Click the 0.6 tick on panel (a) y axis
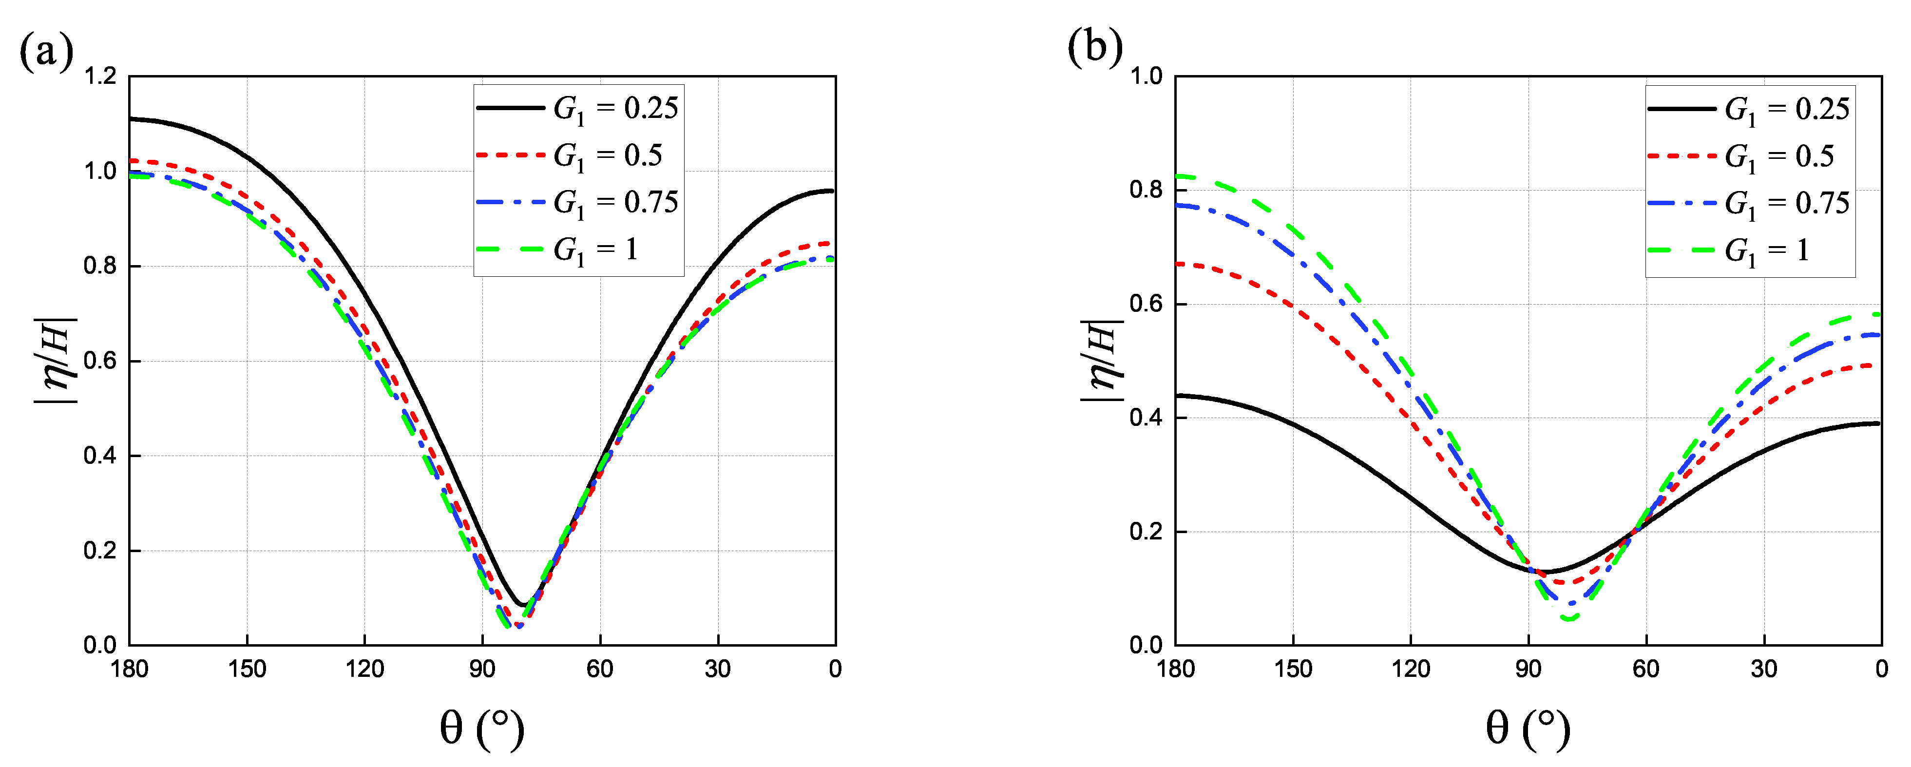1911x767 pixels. pyautogui.click(x=100, y=361)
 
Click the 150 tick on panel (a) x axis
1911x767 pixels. pyautogui.click(x=247, y=669)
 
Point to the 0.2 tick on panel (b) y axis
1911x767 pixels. pyautogui.click(x=1146, y=532)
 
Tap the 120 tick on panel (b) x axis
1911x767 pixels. pyautogui.click(x=1410, y=669)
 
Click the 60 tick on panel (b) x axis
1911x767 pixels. pyautogui.click(x=1645, y=669)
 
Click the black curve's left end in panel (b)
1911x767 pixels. pyautogui.click(x=1177, y=395)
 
